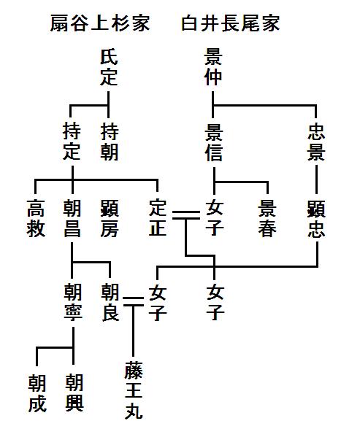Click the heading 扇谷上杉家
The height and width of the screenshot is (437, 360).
[100, 24]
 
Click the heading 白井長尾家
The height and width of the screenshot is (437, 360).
[231, 24]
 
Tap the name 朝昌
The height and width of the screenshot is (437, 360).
[72, 218]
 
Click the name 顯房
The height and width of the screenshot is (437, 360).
[109, 218]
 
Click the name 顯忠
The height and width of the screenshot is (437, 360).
[317, 218]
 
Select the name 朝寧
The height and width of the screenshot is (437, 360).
[72, 303]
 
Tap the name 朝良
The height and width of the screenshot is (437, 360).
[109, 303]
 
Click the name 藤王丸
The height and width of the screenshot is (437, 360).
[133, 390]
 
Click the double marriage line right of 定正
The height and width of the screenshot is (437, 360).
[185, 214]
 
